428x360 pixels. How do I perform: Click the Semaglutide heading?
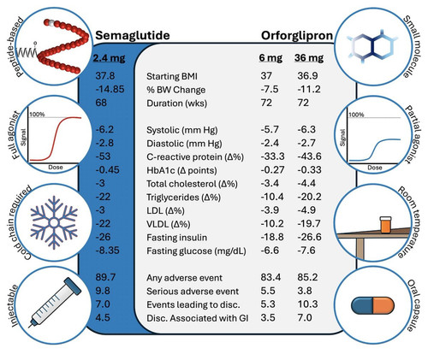133,36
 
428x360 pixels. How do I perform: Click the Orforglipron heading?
297,36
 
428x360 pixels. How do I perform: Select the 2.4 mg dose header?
109,58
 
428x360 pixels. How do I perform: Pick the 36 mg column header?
309,58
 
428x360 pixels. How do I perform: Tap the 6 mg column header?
270,58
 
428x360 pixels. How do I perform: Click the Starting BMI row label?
172,76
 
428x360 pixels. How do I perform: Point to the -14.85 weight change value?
110,89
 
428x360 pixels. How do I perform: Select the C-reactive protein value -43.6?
309,156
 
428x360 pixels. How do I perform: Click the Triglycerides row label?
183,198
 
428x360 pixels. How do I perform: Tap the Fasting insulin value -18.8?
272,237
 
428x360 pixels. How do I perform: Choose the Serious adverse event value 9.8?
103,291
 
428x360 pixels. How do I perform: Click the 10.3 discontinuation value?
307,304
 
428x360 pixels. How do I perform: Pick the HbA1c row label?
181,170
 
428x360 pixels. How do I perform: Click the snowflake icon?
54,222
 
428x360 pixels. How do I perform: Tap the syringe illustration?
55,303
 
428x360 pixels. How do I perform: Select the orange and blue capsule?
372,305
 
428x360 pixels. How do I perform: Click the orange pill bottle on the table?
385,225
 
